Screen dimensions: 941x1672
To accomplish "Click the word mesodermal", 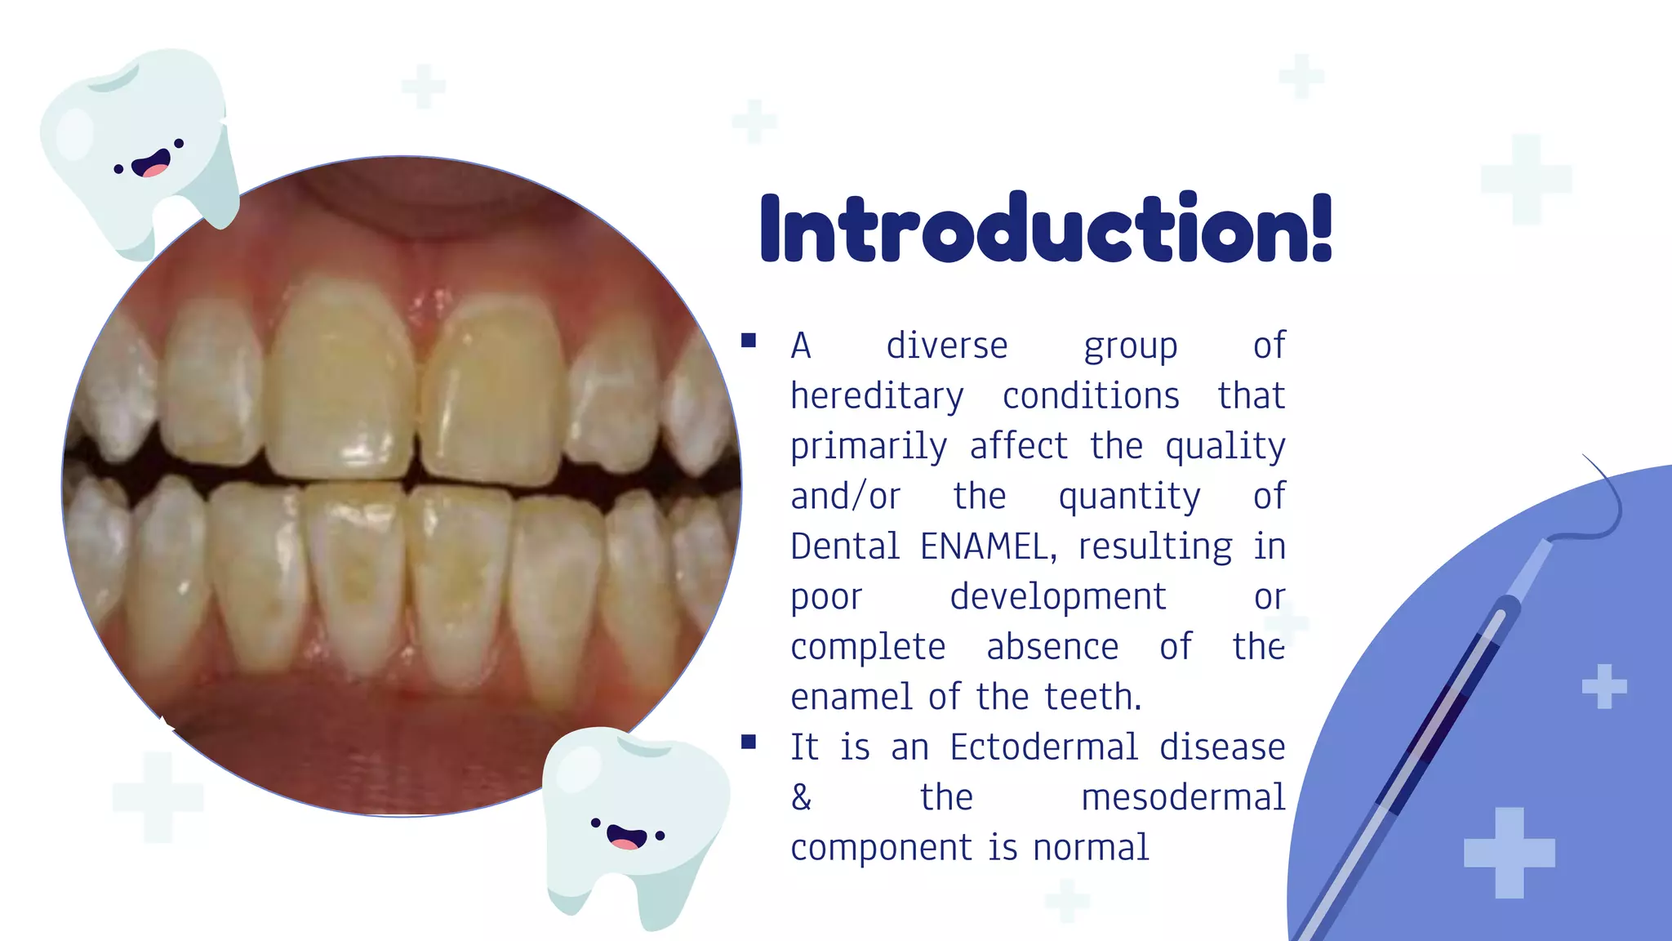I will coord(1183,798).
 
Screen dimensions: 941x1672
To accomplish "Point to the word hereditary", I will coord(877,397).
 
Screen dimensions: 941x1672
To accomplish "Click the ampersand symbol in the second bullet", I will coord(802,798).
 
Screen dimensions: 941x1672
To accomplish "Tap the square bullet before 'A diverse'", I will coord(749,341).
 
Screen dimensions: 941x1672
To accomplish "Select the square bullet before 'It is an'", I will coord(749,742).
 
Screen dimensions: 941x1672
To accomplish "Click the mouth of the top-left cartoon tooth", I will coord(152,166).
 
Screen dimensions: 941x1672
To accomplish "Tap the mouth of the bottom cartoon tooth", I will coord(626,838).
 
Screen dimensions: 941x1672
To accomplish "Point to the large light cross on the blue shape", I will coord(1509,853).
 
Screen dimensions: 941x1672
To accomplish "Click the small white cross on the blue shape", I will coord(1603,686).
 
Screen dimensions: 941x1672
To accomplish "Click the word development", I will coord(1058,597).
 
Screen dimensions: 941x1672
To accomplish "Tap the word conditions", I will coord(1091,397).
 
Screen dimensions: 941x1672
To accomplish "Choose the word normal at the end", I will coord(1091,848).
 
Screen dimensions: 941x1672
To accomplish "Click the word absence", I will coord(1052,648).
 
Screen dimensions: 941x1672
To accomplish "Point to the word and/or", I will coord(845,497).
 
